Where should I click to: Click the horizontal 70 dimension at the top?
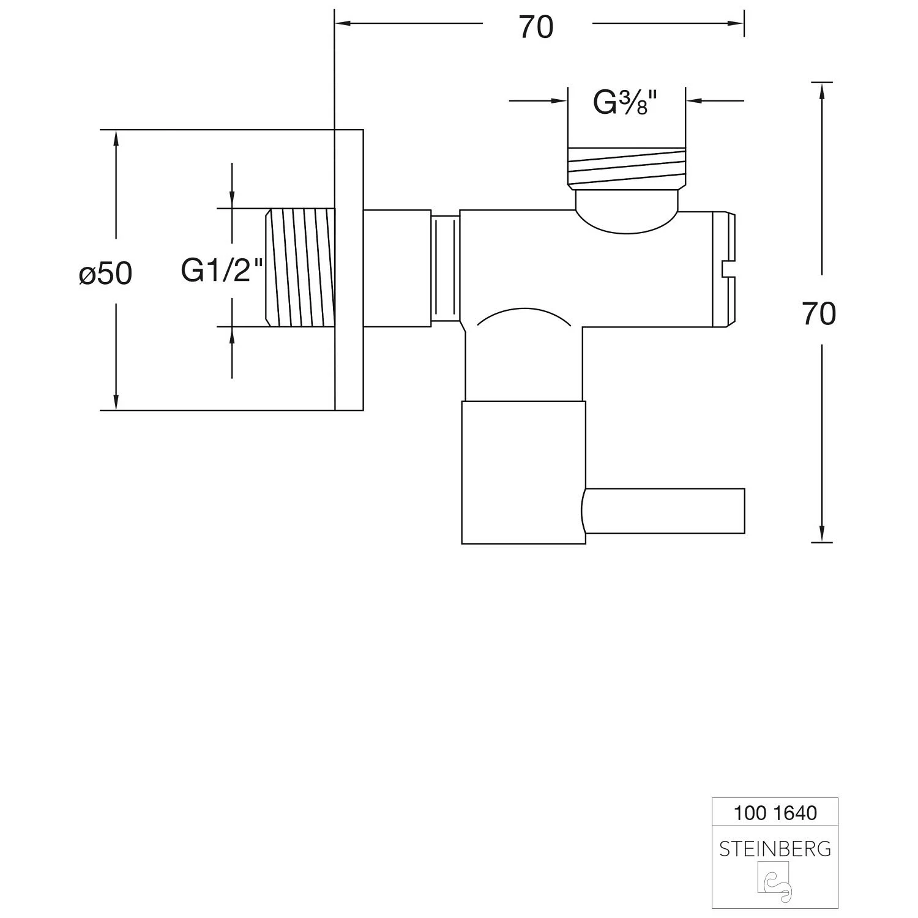tap(536, 28)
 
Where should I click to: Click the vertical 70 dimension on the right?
tap(819, 314)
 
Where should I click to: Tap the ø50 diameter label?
tap(106, 274)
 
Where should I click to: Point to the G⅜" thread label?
tap(625, 103)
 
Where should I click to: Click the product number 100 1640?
tap(775, 813)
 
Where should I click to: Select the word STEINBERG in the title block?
tap(775, 849)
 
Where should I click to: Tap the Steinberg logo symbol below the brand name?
tap(774, 882)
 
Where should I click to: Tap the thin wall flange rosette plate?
tap(349, 269)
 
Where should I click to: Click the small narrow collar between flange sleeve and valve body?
tap(446, 267)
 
